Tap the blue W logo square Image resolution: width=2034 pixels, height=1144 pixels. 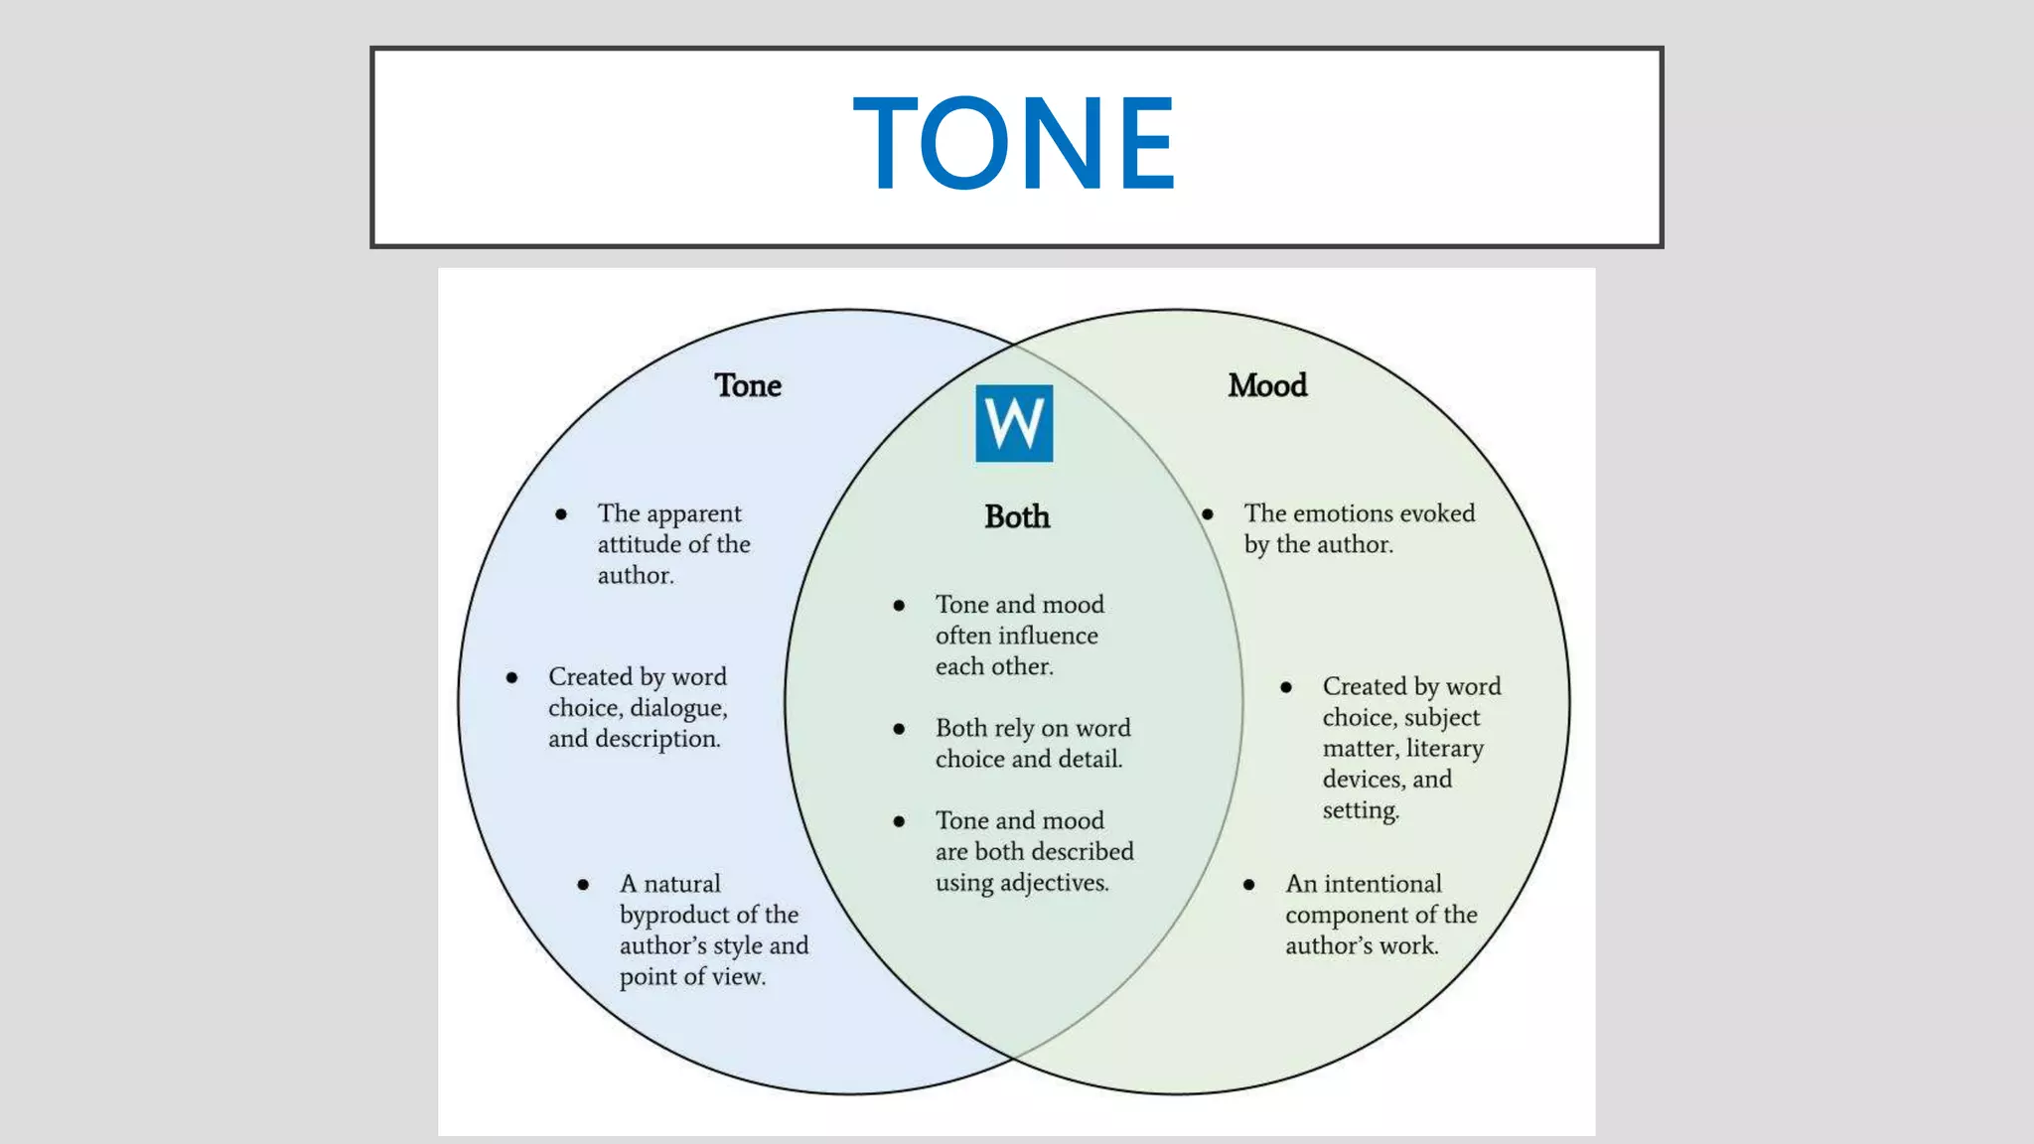click(x=1014, y=423)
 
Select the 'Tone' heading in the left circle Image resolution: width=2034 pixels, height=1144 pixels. click(x=748, y=385)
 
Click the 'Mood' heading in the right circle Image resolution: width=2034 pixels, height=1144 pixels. click(x=1267, y=385)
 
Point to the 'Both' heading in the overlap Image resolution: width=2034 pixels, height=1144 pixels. click(x=1017, y=516)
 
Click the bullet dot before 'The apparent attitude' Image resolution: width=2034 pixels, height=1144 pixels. click(x=561, y=513)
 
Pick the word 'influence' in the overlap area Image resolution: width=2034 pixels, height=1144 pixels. click(x=1050, y=636)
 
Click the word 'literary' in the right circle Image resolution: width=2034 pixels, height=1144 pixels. click(x=1444, y=748)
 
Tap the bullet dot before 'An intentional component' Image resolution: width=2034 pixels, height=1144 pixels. click(x=1249, y=884)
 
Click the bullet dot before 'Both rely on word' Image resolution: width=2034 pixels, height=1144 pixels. click(x=899, y=729)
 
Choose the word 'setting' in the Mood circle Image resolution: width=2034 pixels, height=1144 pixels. click(x=1359, y=810)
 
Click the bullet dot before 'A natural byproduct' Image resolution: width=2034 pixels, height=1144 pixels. click(x=583, y=884)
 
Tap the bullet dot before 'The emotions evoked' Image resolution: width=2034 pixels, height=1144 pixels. click(x=1208, y=513)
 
